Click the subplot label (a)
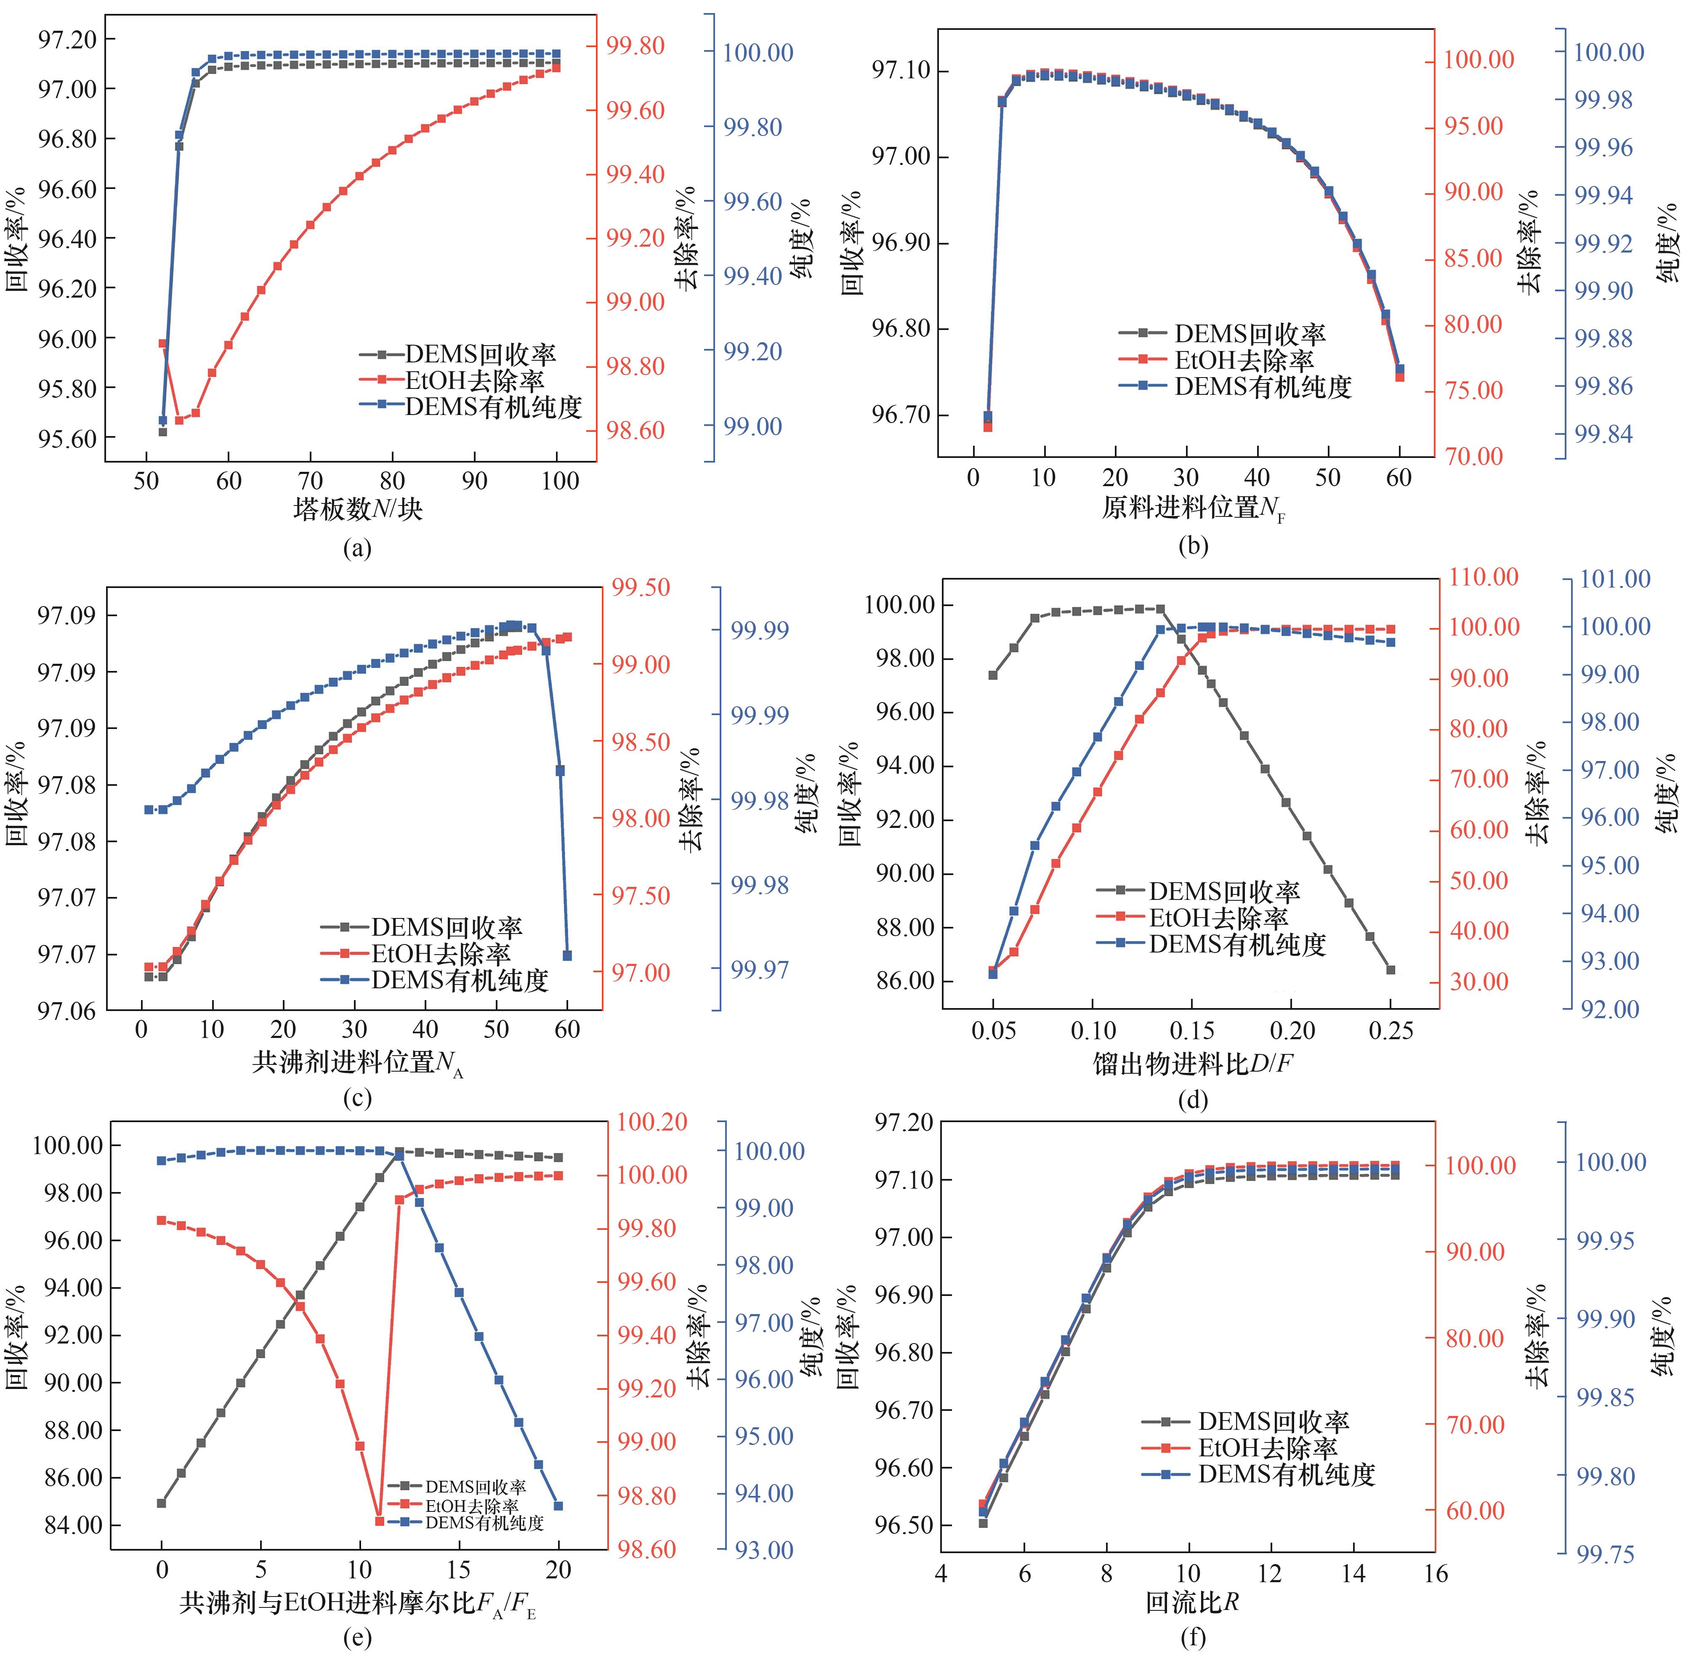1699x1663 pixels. (357, 548)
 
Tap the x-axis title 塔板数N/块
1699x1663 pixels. (357, 508)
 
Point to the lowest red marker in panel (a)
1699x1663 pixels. (179, 420)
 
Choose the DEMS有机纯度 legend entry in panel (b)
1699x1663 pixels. (1262, 386)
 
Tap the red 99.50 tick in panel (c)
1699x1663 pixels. (640, 587)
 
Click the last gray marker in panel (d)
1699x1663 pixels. (1391, 969)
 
